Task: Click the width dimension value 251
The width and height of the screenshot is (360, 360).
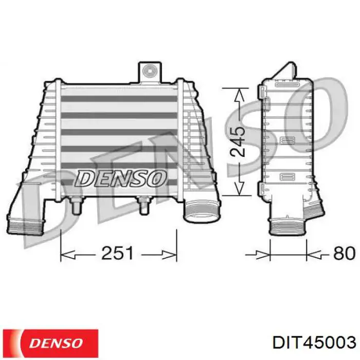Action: tap(119, 253)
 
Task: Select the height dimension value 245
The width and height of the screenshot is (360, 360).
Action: tap(238, 141)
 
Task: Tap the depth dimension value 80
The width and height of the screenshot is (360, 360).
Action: tap(344, 253)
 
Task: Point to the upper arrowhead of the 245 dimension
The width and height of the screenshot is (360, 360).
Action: tap(237, 93)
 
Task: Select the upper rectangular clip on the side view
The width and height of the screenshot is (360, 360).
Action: tap(285, 140)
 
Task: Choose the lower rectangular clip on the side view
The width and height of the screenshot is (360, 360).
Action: tap(285, 177)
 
